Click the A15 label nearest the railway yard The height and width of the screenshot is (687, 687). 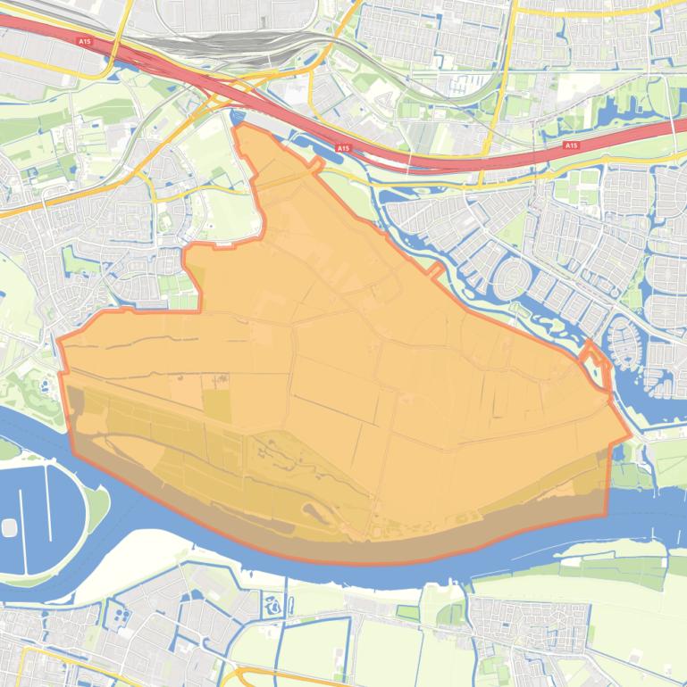point(84,41)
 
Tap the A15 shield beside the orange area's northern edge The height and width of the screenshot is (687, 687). point(343,147)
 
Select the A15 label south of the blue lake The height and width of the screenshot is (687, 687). point(571,145)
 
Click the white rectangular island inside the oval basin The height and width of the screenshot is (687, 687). point(10,526)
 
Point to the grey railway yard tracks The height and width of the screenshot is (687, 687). point(223,45)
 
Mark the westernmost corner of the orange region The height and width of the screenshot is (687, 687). point(59,340)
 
